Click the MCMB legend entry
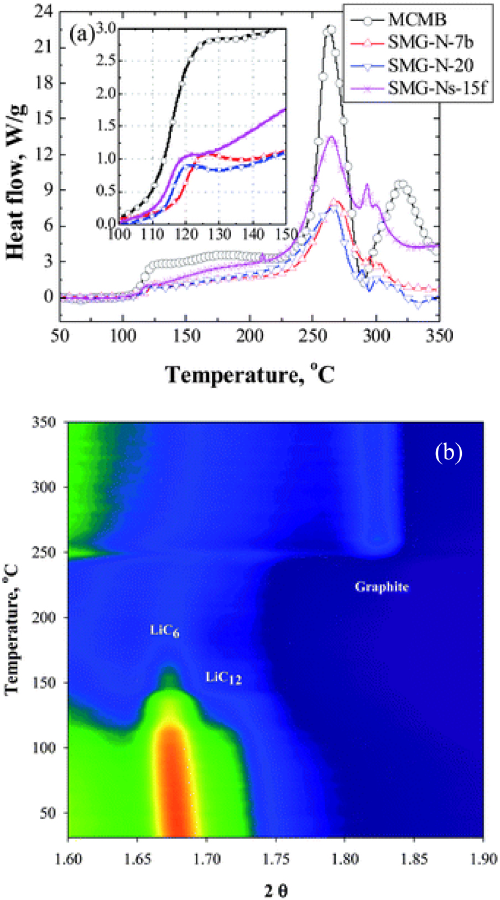(x=416, y=20)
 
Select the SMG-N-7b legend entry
(x=430, y=43)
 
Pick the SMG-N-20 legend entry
(x=430, y=65)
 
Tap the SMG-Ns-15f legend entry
(x=436, y=88)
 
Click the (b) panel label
(x=448, y=452)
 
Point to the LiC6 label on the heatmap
(x=164, y=631)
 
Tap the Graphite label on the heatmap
(x=382, y=587)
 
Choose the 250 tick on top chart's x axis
(x=313, y=336)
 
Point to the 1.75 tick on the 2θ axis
(x=275, y=859)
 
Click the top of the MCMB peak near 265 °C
(x=330, y=29)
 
